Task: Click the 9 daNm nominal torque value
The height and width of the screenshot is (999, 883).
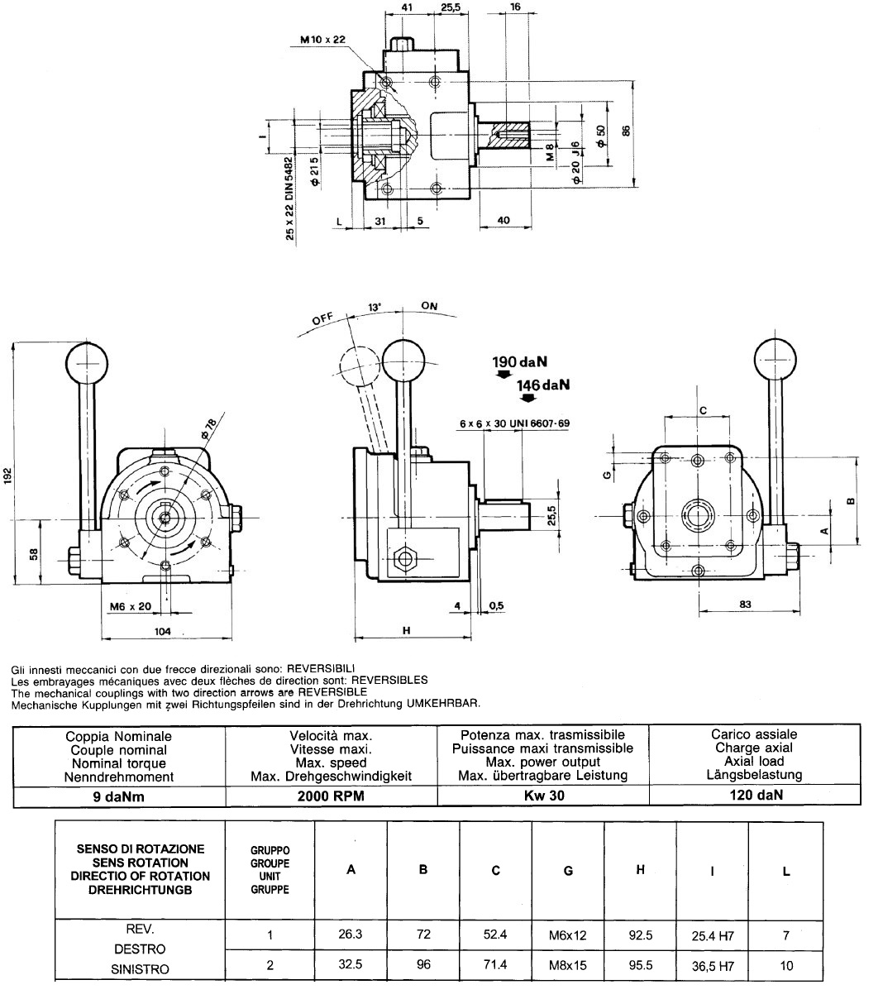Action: (x=119, y=796)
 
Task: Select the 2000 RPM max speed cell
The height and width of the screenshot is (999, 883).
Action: (x=331, y=796)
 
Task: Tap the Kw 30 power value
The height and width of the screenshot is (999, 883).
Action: (x=544, y=796)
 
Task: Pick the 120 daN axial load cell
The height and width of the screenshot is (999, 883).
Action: (x=757, y=795)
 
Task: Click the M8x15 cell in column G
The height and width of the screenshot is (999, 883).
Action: (x=568, y=965)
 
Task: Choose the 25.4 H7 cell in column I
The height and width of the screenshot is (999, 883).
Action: (x=713, y=935)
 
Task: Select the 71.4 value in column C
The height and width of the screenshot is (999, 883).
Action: (x=495, y=964)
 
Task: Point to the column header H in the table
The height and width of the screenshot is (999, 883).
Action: (x=640, y=869)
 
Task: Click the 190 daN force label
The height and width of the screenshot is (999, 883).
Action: (x=520, y=362)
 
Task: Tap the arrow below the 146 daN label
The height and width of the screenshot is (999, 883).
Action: (x=528, y=397)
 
